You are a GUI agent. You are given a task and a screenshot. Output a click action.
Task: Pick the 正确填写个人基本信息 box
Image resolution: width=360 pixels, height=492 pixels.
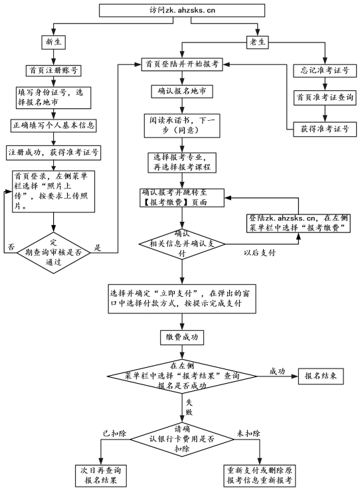[x=54, y=125]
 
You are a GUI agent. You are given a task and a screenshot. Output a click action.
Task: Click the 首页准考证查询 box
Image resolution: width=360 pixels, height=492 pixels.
[x=326, y=98]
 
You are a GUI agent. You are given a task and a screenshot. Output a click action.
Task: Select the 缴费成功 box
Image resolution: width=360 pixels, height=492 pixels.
[x=181, y=337]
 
